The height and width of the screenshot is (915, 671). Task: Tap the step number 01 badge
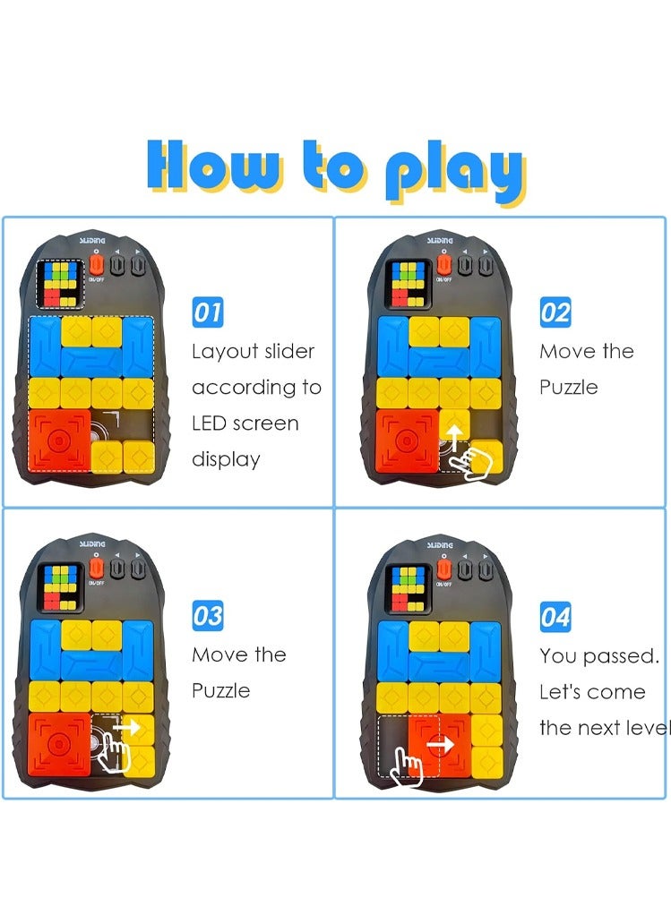pos(208,312)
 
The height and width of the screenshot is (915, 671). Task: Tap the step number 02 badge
pos(555,312)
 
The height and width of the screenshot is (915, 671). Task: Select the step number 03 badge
pos(208,616)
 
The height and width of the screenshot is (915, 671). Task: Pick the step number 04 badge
pos(555,616)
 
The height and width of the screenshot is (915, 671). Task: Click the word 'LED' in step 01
pos(211,423)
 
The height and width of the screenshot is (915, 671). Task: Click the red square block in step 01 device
pos(59,440)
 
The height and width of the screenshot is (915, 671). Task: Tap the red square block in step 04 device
pos(439,743)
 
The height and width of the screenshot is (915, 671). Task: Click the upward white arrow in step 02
pos(455,436)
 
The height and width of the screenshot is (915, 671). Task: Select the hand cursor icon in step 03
pos(112,750)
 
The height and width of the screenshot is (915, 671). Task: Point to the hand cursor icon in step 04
pos(408,766)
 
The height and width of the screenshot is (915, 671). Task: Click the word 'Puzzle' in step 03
pos(220,691)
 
